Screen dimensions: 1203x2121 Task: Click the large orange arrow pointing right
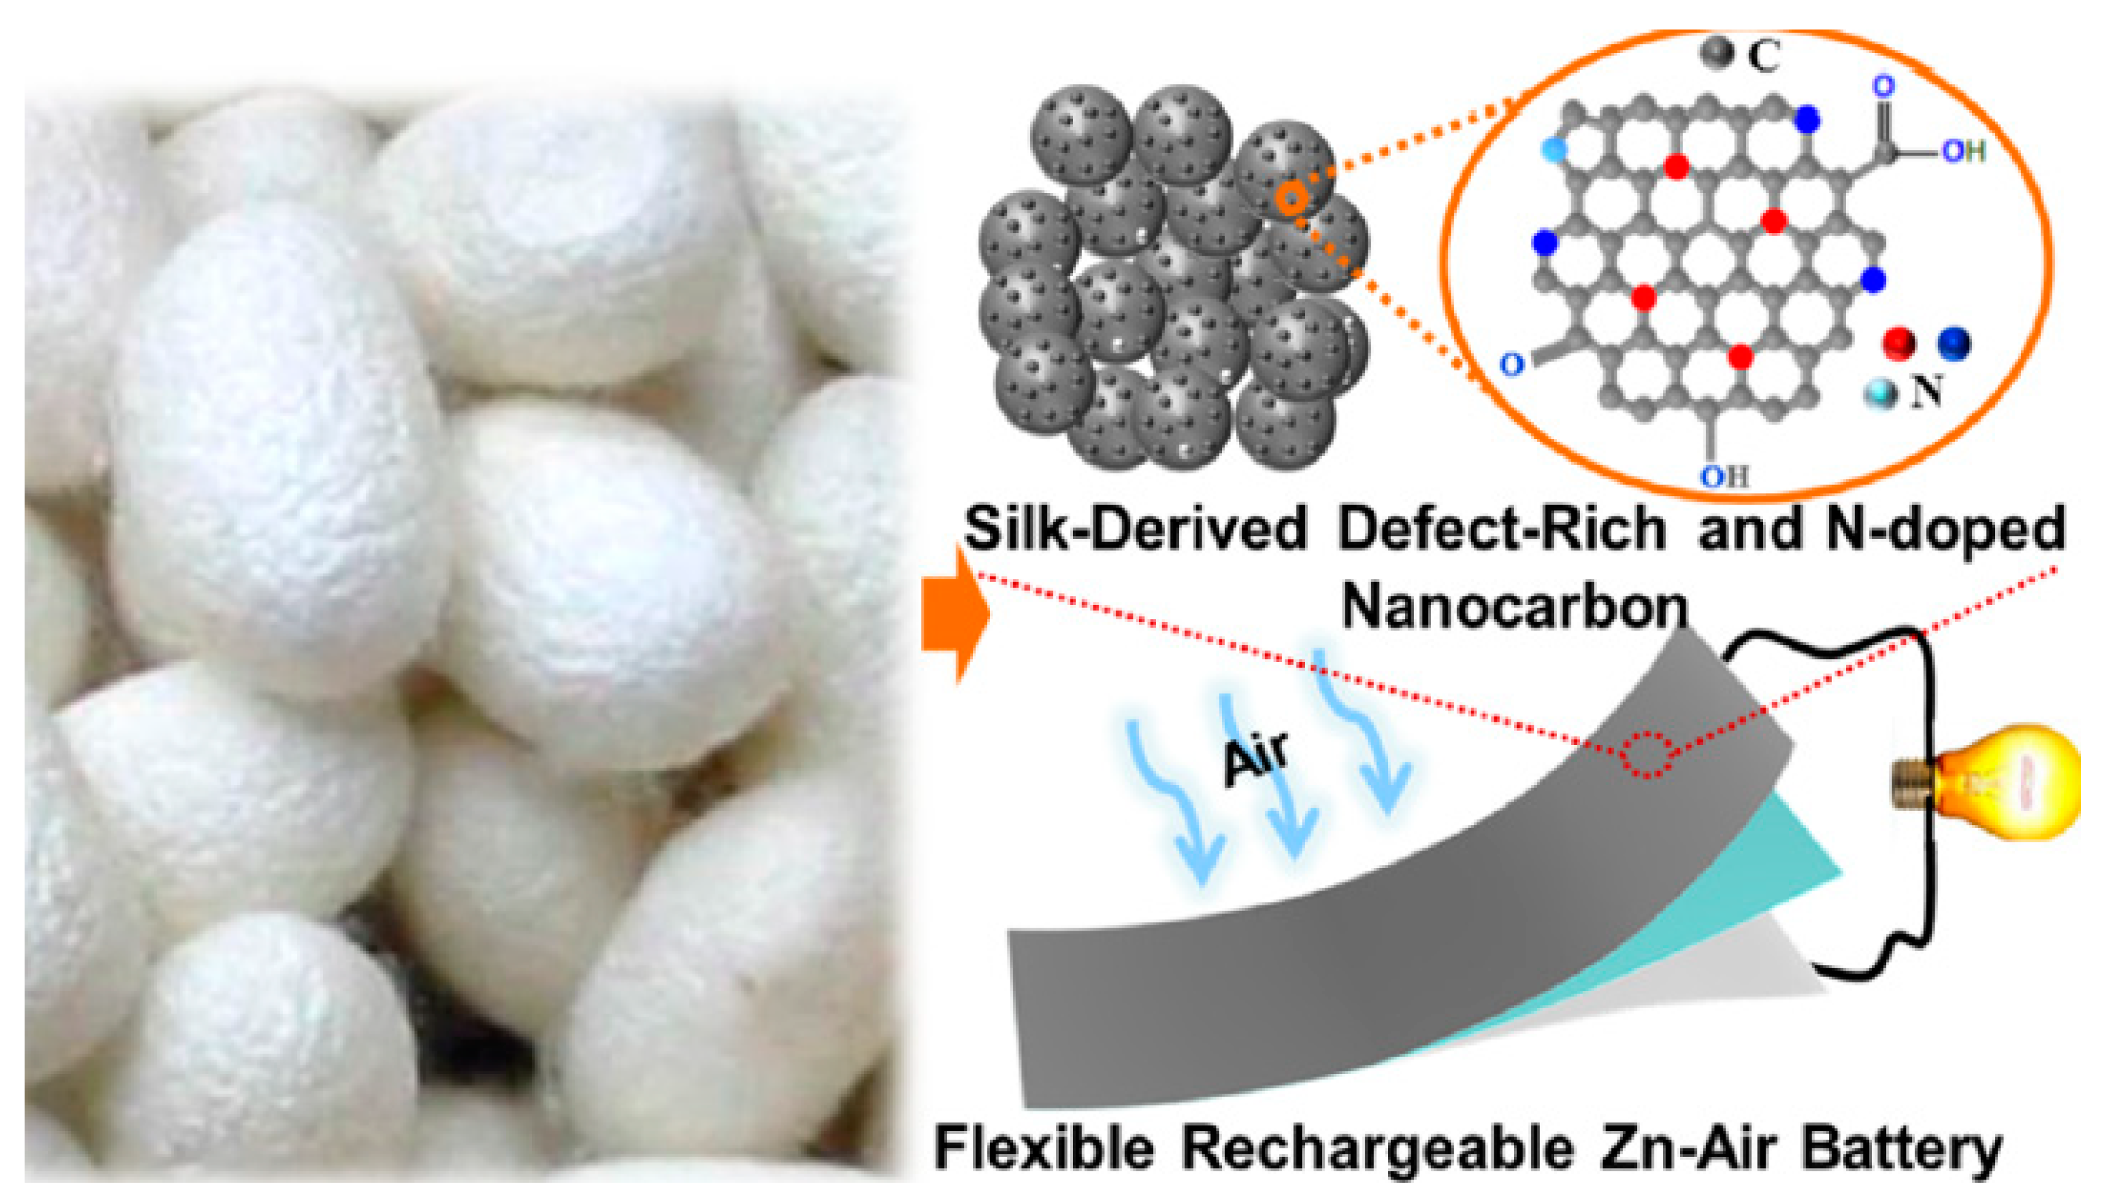point(954,615)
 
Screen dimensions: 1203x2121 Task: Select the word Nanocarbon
point(1513,607)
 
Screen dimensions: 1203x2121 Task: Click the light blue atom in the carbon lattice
point(1555,149)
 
